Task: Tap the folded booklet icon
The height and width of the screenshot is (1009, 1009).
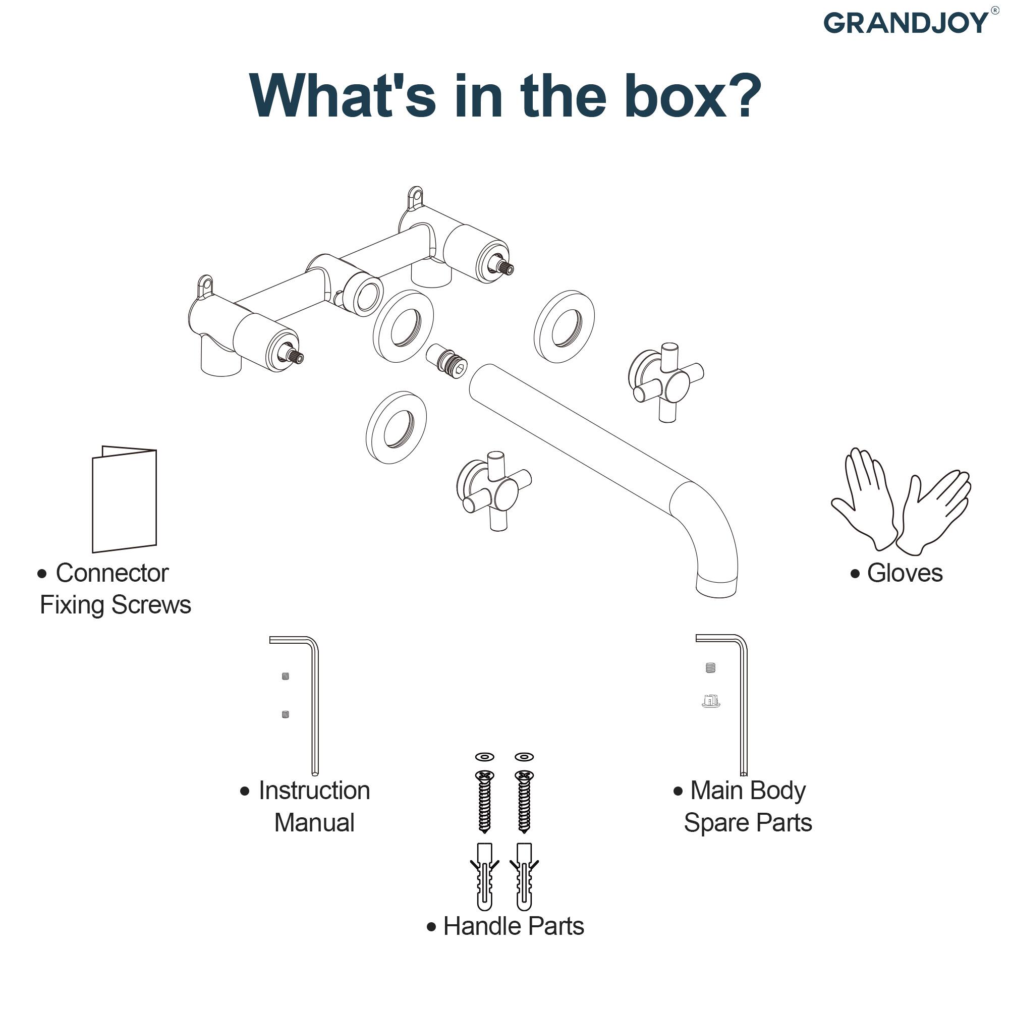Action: coord(124,499)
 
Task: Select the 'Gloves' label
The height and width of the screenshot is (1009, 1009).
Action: coord(904,573)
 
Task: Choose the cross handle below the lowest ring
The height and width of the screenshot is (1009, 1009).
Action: coord(494,491)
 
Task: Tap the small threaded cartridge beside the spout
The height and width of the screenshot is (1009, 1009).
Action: coord(446,361)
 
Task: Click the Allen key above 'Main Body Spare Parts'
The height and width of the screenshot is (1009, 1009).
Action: coord(742,700)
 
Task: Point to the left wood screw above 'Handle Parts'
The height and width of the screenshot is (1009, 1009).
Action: coord(485,802)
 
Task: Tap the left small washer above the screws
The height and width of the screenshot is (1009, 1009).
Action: coord(485,757)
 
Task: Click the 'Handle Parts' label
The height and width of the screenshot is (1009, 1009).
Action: coord(513,926)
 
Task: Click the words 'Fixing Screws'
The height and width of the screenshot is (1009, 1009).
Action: coord(116,605)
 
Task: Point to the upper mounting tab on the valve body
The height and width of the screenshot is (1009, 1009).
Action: coord(415,197)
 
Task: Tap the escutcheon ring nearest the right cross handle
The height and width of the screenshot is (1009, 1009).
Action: coord(564,327)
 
